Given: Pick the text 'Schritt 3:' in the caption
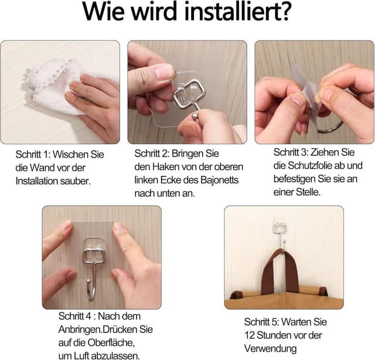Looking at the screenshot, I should [x=294, y=152].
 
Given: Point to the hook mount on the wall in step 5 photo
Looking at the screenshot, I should [x=279, y=229].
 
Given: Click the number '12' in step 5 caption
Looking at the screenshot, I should [x=250, y=335].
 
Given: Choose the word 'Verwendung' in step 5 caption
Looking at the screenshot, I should [x=271, y=349].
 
